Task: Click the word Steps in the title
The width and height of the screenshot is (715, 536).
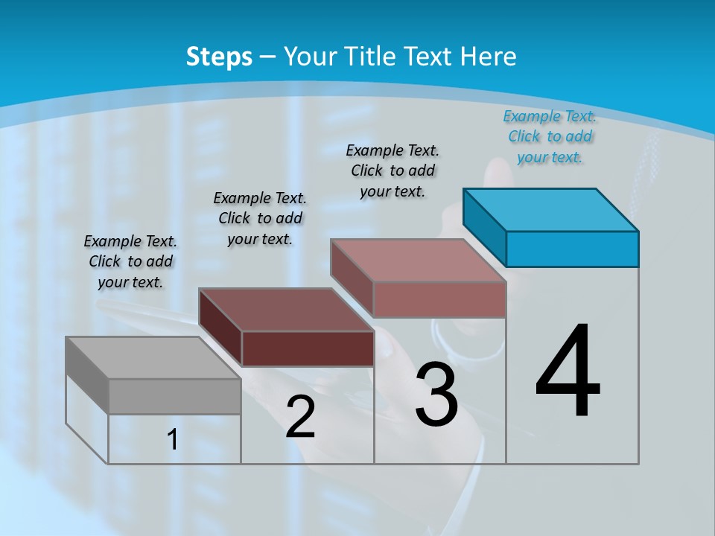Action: pos(219,57)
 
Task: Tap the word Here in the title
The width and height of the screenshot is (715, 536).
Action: pos(489,57)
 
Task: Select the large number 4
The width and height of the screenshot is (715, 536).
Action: pos(568,372)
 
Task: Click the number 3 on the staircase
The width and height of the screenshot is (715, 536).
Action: pos(436,395)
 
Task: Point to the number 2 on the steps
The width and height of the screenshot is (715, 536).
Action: pos(300,418)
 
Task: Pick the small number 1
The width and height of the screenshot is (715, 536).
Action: pos(173,440)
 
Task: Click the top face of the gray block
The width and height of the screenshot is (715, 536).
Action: pos(153,357)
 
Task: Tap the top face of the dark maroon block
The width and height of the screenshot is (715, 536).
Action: pos(286,310)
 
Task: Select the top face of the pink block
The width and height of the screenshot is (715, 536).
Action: pos(419,261)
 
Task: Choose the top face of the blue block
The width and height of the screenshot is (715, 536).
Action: pos(551,209)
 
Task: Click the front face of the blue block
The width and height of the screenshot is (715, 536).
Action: pos(572,249)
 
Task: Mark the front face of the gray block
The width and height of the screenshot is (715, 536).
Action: pos(174,396)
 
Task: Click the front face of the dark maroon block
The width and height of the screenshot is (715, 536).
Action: pos(308,348)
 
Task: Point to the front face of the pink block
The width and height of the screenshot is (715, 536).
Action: pos(439,300)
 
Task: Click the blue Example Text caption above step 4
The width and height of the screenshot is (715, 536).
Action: pos(550,136)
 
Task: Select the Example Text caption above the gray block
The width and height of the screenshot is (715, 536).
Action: pos(130,261)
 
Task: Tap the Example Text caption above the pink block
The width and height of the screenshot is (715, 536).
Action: pos(393,170)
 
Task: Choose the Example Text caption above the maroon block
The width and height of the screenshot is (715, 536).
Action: pos(260,218)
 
